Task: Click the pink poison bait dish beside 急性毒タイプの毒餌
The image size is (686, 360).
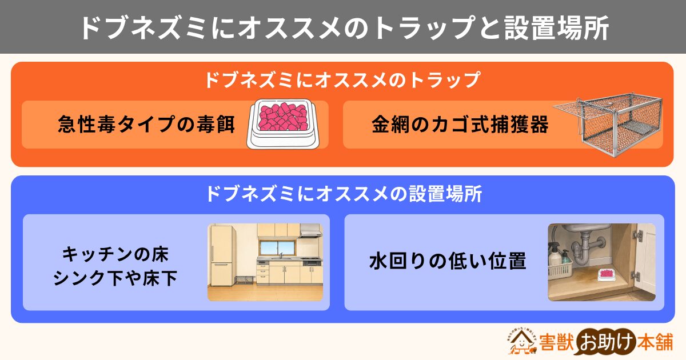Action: coord(283,123)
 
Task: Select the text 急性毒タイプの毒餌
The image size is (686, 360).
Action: coord(146,125)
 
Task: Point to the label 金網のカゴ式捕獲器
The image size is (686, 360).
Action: coord(460,125)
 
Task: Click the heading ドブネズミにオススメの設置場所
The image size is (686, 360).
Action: coord(344,194)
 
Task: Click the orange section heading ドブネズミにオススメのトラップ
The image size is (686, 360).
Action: coord(342,79)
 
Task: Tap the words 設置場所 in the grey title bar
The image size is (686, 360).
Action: coord(556,27)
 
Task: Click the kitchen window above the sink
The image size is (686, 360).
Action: coord(277,248)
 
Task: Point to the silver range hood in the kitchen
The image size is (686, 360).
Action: coord(310,230)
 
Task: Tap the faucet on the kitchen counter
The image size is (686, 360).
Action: coord(281,255)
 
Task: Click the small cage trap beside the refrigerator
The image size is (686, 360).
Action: coord(245,279)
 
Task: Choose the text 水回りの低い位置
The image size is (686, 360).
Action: coord(448,262)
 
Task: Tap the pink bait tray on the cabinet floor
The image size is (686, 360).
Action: coord(607,275)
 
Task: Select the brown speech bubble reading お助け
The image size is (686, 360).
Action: coord(607,342)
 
